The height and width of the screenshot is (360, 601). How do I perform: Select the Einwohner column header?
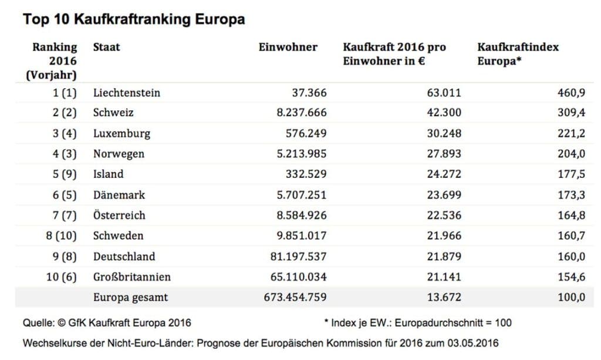[x=288, y=47]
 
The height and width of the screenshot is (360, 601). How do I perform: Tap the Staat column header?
[x=106, y=47]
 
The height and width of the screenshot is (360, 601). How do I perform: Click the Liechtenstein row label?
[x=126, y=93]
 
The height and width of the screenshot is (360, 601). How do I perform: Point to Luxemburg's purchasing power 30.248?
[x=444, y=133]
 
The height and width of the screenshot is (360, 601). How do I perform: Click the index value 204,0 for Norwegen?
[x=571, y=154]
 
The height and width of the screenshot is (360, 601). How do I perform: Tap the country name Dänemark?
[x=119, y=194]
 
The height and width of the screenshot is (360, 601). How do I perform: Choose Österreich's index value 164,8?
[x=571, y=215]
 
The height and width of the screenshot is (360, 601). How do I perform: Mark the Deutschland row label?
[x=124, y=256]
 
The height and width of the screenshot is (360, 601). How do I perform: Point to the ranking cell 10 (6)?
[x=62, y=277]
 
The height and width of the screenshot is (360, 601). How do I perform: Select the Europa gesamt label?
[x=130, y=297]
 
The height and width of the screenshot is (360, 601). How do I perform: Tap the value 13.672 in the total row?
[x=444, y=297]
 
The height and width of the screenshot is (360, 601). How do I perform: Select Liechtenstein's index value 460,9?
[x=571, y=93]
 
